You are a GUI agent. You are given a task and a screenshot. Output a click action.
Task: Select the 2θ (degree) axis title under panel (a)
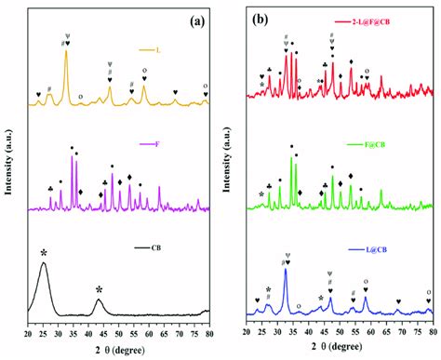coord(119,350)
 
